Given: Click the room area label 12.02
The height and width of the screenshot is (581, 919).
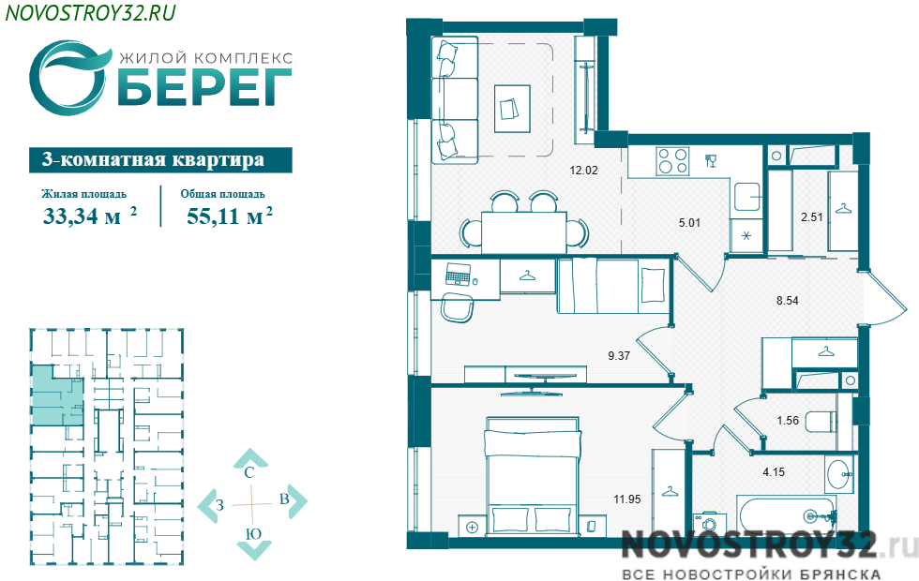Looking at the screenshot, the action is tap(583, 171).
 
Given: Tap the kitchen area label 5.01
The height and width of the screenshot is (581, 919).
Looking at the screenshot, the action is tap(689, 223).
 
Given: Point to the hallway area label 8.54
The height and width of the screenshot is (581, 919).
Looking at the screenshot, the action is tap(787, 301).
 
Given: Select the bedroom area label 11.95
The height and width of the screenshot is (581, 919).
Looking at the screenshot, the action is tap(627, 499).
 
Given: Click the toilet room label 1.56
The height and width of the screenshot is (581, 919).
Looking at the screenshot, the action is tap(788, 421).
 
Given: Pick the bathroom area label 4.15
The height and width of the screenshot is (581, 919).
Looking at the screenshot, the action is tap(774, 471).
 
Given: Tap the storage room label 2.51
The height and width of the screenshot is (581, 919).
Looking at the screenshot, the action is tap(812, 216).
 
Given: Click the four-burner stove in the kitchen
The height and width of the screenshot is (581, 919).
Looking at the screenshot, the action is tap(672, 161).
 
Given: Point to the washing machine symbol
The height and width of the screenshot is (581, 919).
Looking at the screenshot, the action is tap(709, 523).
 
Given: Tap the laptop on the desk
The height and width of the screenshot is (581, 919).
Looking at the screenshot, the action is tap(458, 274).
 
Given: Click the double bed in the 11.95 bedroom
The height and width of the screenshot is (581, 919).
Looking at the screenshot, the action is tap(532, 475).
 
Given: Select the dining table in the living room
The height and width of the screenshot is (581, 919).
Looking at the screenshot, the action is tap(524, 232).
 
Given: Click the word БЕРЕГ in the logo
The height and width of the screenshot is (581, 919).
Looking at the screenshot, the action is tap(204, 87).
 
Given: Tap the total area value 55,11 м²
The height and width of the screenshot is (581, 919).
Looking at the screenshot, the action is tap(230, 216).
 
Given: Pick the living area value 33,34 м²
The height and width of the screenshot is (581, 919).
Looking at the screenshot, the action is tap(90, 216).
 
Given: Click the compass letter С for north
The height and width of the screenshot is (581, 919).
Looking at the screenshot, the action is tap(249, 472).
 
